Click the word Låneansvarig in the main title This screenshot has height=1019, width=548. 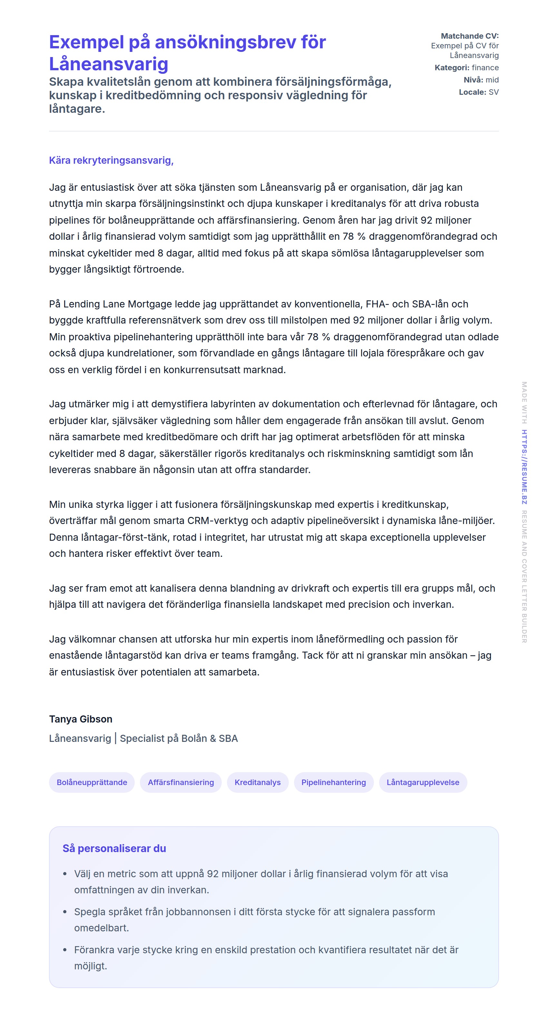tap(108, 64)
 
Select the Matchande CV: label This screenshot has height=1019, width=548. tap(469, 36)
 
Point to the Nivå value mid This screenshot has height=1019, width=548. tap(492, 80)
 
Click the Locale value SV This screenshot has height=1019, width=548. tap(494, 92)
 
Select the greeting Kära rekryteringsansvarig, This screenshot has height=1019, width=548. tap(111, 160)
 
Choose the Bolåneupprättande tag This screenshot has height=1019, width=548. tap(92, 782)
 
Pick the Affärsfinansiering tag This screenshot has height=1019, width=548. tap(181, 782)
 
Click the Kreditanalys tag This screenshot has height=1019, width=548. tap(258, 782)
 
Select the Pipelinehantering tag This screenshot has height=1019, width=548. tap(334, 782)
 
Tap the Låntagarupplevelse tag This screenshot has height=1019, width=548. tap(423, 782)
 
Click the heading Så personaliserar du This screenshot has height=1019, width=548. tap(114, 848)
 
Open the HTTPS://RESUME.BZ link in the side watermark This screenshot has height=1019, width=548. tap(524, 467)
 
